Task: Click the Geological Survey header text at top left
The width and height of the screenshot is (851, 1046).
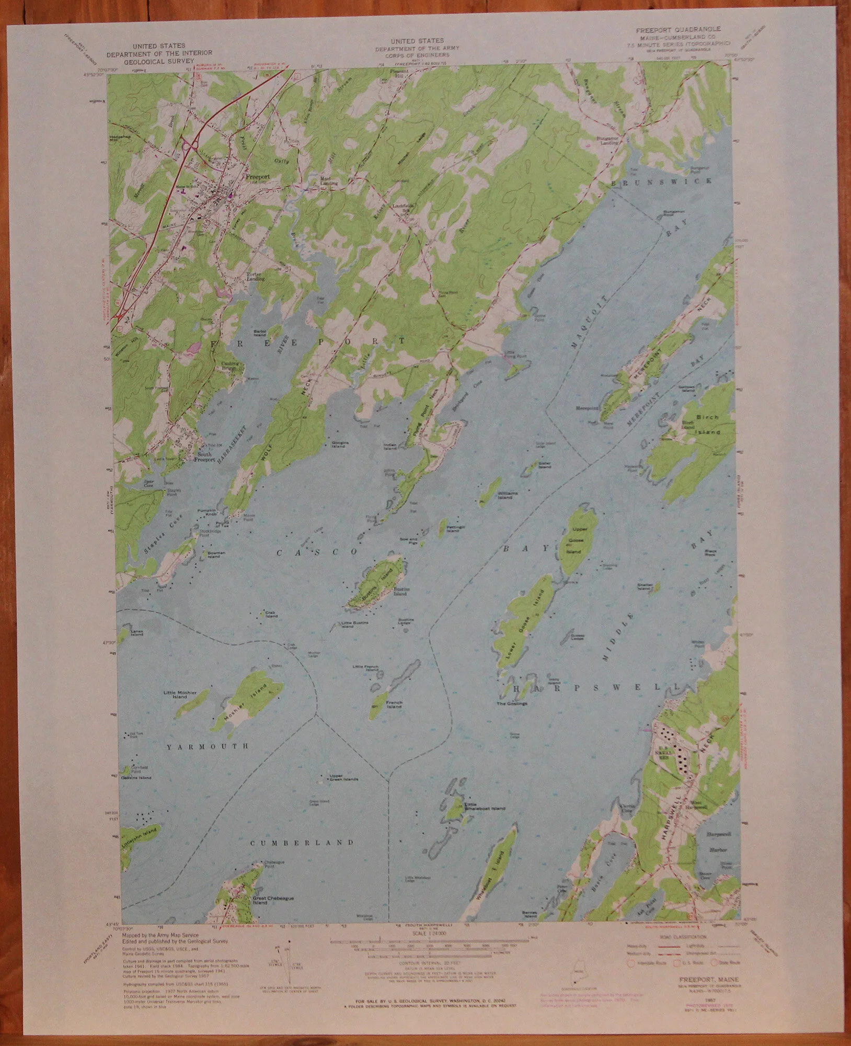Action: (x=159, y=60)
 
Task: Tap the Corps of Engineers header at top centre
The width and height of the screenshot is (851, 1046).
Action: (x=417, y=54)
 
